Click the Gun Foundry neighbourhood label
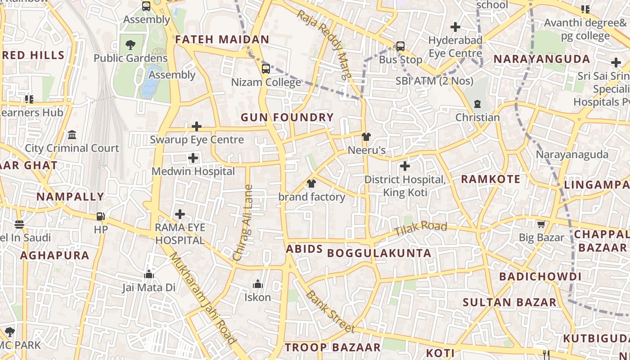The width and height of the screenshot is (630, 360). tap(287, 118)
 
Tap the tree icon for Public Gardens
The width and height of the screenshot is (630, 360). tap(130, 45)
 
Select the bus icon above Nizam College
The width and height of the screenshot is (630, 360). tap(266, 69)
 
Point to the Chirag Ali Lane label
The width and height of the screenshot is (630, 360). tap(243, 223)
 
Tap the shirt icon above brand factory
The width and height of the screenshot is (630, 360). tap(311, 184)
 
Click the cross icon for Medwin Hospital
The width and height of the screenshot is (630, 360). tap(193, 158)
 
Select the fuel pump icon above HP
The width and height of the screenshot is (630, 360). tap(100, 216)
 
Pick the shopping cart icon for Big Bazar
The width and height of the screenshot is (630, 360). tap(541, 224)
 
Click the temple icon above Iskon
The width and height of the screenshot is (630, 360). tap(257, 284)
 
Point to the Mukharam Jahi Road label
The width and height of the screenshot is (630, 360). tap(202, 298)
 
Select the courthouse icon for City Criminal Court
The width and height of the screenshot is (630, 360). tap(72, 135)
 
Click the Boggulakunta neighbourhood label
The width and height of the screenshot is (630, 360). tap(379, 253)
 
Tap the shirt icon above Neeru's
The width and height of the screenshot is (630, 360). tap(366, 137)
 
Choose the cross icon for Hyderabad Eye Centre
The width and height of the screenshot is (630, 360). tap(455, 27)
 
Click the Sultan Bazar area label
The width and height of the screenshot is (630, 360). tap(510, 302)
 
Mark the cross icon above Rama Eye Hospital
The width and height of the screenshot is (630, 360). tap(180, 214)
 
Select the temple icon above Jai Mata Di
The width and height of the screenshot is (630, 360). tap(149, 274)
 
